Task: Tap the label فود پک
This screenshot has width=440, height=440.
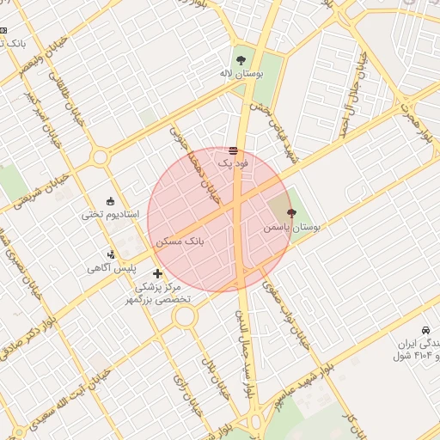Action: pyautogui.click(x=233, y=162)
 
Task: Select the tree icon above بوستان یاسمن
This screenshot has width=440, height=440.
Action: pyautogui.click(x=290, y=212)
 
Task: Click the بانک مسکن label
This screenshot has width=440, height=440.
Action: pyautogui.click(x=180, y=243)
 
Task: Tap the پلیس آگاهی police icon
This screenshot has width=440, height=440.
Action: pyautogui.click(x=112, y=254)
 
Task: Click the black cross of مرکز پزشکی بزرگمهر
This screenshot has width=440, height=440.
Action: pyautogui.click(x=157, y=273)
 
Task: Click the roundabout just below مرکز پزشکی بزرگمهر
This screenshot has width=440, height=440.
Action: pyautogui.click(x=185, y=317)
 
